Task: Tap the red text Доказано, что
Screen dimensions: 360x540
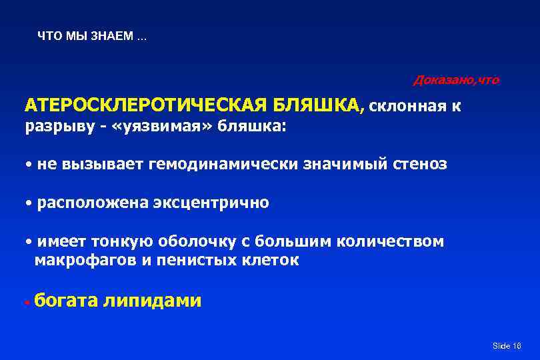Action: [x=456, y=81]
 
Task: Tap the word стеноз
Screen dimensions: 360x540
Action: [x=419, y=164]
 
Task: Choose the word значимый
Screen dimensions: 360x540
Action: [x=341, y=164]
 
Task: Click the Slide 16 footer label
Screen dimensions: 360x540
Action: [x=506, y=345]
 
